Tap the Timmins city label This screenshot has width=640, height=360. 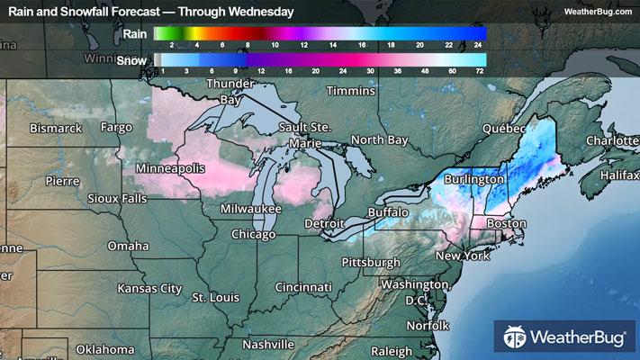coord(349,92)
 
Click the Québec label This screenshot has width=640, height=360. coord(503,129)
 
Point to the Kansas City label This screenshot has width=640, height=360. coord(149,288)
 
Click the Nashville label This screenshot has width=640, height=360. coord(267,344)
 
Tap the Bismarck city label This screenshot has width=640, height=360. coord(55,129)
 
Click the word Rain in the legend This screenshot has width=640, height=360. coord(134,34)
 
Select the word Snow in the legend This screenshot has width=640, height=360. coord(132,59)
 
